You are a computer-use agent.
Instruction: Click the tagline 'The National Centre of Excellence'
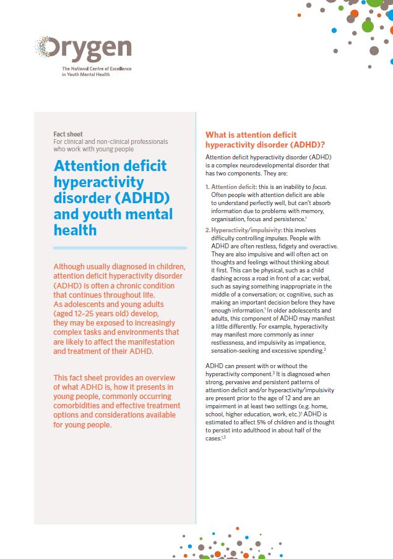coord(97,69)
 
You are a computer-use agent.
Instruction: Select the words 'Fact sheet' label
coord(68,134)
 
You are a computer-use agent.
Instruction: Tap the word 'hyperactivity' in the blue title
coord(99,182)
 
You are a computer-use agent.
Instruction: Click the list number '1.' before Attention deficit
coord(207,187)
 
